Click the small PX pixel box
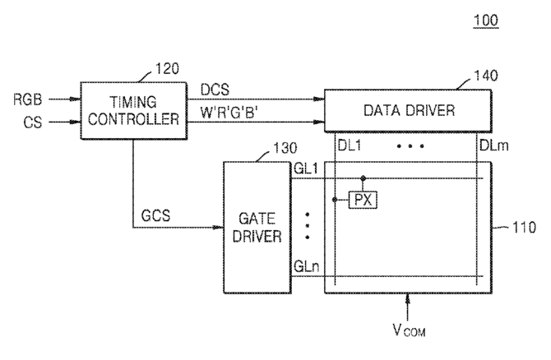363,200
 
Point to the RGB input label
27,99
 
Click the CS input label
33,122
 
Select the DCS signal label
215,90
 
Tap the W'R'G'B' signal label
229,113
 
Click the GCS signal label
155,215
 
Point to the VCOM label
409,330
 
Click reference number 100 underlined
486,21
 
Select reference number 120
167,68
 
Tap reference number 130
285,148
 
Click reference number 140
486,76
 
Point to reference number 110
524,227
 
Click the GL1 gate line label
306,169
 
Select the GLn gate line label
307,266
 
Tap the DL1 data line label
350,145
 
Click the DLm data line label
493,145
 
